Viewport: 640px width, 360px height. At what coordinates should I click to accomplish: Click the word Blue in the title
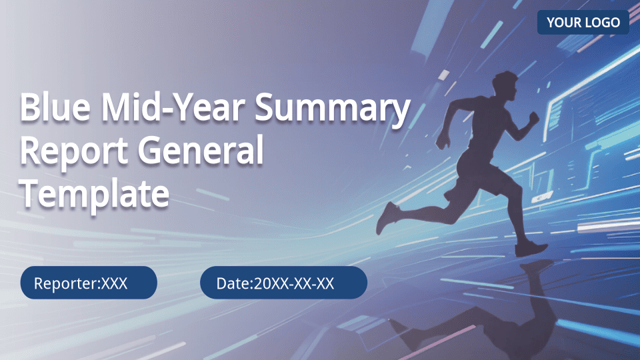point(55,107)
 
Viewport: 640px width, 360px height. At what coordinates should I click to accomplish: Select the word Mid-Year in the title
point(173,107)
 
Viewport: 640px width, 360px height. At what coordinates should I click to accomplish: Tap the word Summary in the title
point(332,109)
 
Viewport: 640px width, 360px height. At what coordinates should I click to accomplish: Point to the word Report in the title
point(74,152)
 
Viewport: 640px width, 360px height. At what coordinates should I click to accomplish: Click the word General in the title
point(201,150)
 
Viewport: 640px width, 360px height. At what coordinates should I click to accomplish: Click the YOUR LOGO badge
point(583,22)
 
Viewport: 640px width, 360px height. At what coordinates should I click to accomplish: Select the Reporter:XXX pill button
point(89,283)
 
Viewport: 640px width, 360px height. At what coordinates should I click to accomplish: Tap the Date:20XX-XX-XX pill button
point(283,283)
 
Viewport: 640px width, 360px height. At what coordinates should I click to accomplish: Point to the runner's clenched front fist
point(533,119)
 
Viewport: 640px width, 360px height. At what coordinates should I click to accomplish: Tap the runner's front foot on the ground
point(530,248)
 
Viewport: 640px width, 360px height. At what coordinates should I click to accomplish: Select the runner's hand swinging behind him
point(442,141)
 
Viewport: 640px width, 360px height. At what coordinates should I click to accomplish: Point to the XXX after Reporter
point(114,283)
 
